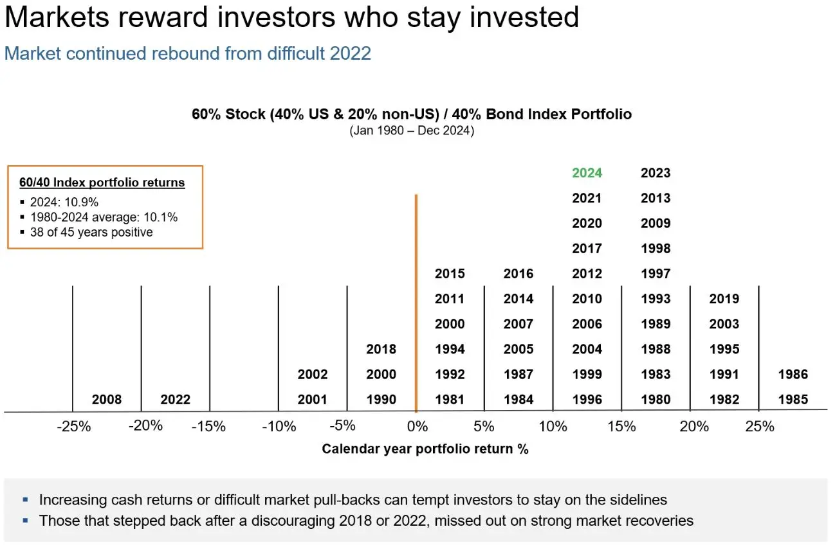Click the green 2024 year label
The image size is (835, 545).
(587, 173)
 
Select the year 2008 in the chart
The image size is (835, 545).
(107, 400)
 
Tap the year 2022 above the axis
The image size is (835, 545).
(175, 400)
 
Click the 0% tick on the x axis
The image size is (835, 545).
(417, 427)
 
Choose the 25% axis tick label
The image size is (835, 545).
(760, 427)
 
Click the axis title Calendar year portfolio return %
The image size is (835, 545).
(425, 449)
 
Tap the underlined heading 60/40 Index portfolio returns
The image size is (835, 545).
(102, 183)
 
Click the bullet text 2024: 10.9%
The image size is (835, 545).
(64, 202)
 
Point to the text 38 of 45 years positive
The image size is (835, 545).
(91, 232)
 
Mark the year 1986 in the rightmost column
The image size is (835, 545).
(793, 375)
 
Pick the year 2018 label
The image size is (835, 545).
(381, 350)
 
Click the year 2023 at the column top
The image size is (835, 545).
(656, 173)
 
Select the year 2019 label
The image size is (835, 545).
(724, 299)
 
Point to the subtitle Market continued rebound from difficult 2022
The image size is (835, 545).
(188, 53)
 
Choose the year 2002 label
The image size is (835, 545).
(313, 375)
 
